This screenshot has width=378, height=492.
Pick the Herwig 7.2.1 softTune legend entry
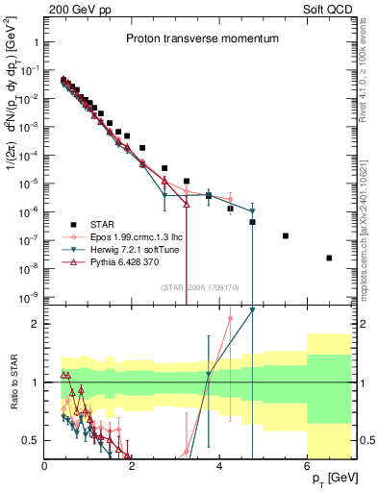click(x=135, y=248)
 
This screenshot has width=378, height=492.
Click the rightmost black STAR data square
click(x=330, y=258)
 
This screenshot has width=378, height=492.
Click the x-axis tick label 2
click(x=133, y=467)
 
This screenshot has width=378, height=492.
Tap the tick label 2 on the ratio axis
click(x=37, y=324)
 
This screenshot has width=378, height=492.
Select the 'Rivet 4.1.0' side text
click(x=366, y=71)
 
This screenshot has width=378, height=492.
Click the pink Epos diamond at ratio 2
click(x=230, y=318)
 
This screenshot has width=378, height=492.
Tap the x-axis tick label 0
click(x=45, y=467)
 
